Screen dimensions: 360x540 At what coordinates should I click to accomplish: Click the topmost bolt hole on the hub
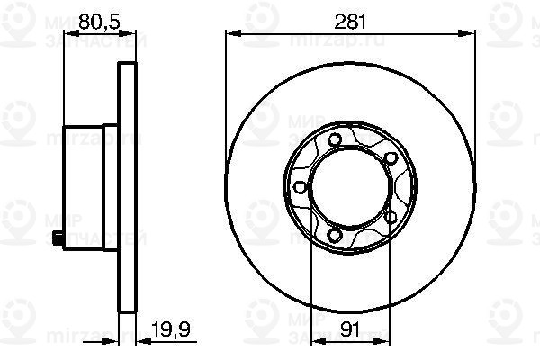tap(335, 139)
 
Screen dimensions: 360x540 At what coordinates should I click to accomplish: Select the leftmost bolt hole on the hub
tap(298, 187)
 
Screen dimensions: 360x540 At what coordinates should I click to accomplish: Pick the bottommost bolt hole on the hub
tap(335, 236)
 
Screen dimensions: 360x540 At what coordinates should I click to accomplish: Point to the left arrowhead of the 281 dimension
tap(229, 33)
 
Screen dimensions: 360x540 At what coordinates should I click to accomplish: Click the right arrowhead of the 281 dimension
tap(471, 33)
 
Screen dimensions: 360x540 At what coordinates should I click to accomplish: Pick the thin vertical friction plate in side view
tap(127, 187)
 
